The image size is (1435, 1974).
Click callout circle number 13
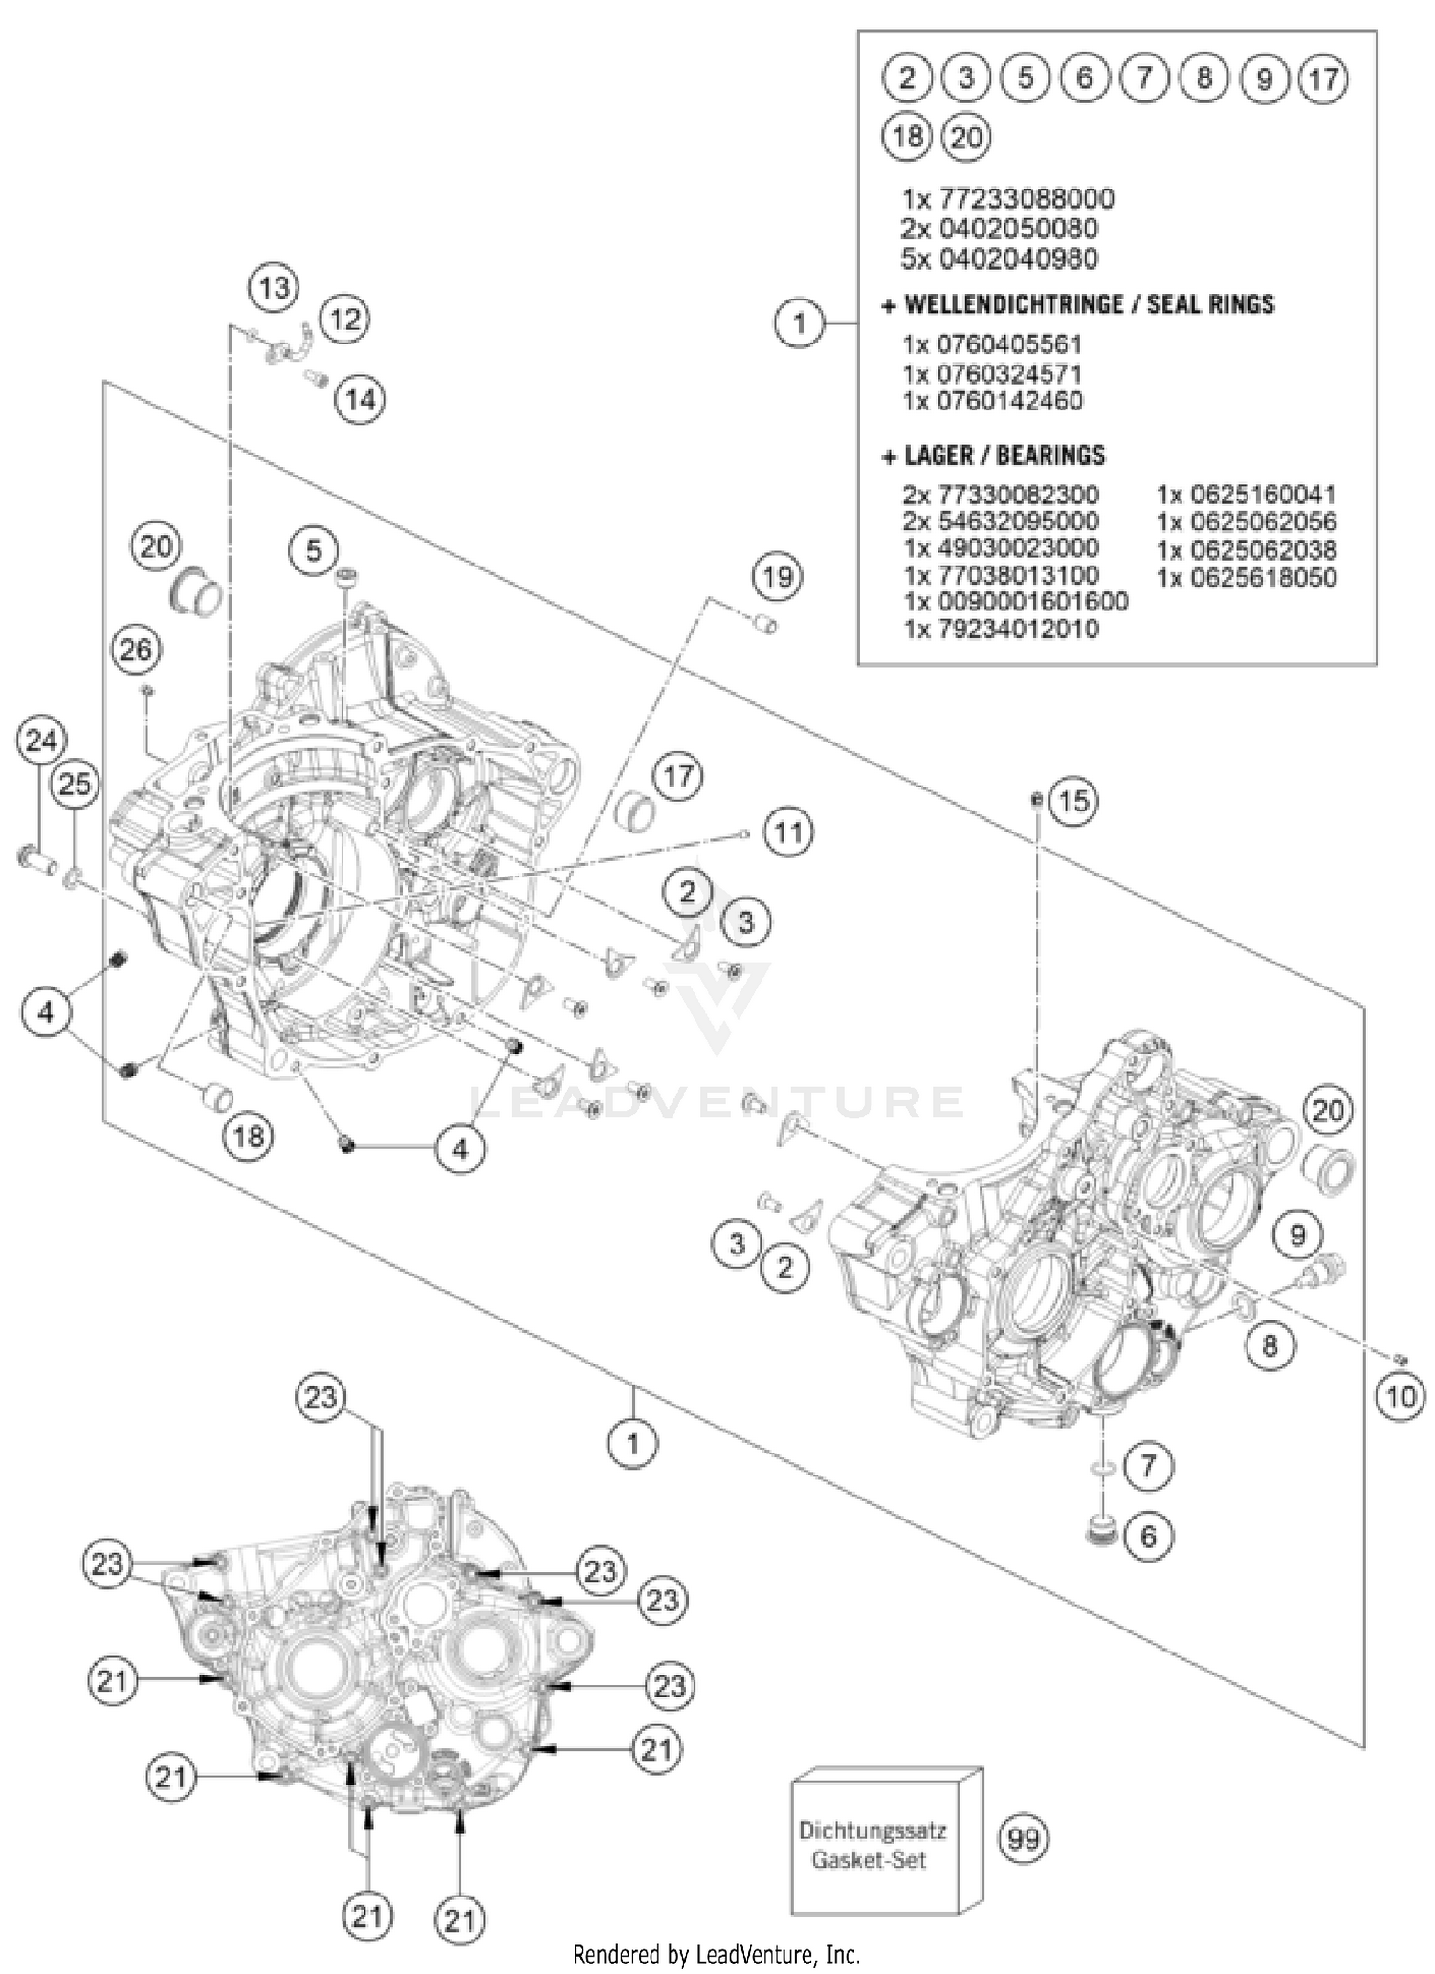click(x=274, y=287)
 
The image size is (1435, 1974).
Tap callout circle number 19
click(x=778, y=577)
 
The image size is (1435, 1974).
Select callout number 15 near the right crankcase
click(x=1073, y=801)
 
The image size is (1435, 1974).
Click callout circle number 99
click(x=1024, y=1838)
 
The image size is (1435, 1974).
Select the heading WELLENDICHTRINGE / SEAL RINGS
click(x=1078, y=304)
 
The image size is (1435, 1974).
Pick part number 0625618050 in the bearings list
click(x=1247, y=577)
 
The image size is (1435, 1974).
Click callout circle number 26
click(x=135, y=651)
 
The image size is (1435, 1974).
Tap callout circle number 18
click(x=249, y=1136)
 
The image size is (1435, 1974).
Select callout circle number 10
click(x=1400, y=1396)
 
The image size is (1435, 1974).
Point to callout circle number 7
click(x=1148, y=1465)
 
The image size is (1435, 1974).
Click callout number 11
click(x=788, y=832)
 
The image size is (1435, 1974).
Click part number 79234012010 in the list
click(x=1001, y=629)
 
